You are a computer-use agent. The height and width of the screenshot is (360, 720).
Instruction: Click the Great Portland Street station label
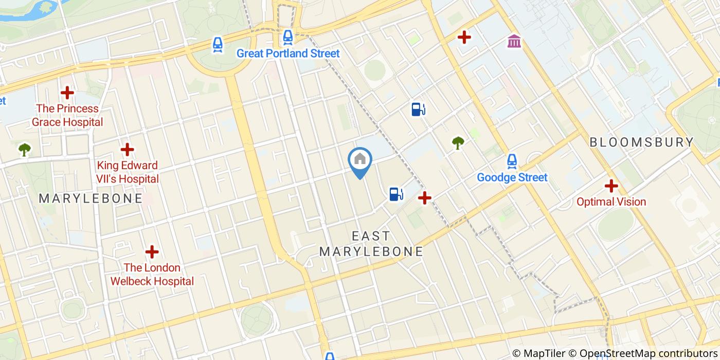288,53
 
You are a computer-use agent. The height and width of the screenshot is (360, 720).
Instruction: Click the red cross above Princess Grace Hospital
67,93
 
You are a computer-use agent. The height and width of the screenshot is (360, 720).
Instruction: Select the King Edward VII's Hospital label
128,172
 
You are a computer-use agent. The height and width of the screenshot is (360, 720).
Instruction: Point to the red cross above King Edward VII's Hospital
127,150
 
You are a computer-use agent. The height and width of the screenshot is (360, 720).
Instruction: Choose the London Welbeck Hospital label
152,275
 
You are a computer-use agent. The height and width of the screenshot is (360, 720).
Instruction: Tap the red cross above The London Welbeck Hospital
152,252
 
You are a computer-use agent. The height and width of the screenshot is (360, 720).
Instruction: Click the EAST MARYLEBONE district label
371,244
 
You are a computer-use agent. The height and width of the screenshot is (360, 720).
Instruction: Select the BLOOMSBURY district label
642,142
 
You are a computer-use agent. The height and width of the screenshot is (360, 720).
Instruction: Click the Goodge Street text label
512,177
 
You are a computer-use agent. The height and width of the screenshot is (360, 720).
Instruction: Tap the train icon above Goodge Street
512,161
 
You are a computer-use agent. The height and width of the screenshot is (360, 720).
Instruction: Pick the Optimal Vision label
611,202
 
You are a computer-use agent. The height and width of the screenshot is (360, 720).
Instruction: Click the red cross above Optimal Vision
611,186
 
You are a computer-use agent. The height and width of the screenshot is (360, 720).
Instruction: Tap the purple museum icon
514,41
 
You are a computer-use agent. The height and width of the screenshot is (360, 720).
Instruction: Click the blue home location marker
360,160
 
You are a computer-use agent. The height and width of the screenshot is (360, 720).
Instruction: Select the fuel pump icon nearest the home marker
395,194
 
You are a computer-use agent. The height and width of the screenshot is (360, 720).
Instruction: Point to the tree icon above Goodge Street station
457,143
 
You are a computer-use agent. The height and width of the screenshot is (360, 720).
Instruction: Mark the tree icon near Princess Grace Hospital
24,150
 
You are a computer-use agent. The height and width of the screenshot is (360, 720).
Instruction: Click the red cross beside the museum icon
464,37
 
